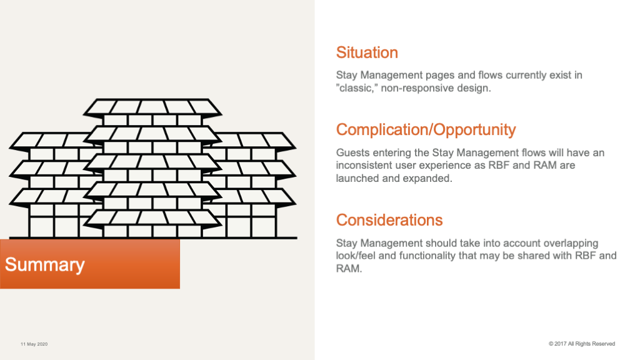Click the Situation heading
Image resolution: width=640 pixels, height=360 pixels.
click(367, 52)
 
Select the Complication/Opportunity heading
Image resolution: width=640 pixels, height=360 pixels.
click(426, 130)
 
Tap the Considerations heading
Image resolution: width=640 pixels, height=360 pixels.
click(389, 220)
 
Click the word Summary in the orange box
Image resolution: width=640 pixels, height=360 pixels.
click(45, 265)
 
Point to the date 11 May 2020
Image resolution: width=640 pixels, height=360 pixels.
click(34, 344)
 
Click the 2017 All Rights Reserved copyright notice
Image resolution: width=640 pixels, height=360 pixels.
click(582, 344)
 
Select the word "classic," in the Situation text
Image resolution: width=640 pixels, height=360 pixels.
click(357, 88)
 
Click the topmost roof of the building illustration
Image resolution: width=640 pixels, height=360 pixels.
click(152, 106)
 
